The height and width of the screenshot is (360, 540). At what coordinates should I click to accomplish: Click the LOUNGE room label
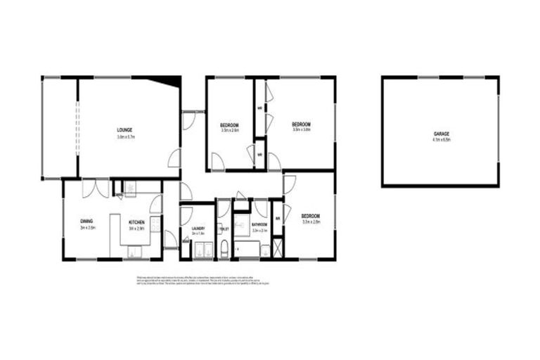point(125,129)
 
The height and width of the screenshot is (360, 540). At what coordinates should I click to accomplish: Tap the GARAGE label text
point(441,134)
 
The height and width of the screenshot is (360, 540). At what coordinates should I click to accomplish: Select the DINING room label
point(87,221)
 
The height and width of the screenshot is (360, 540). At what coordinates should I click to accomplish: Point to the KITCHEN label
point(136,222)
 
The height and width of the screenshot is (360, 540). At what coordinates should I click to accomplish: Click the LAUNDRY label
point(198,229)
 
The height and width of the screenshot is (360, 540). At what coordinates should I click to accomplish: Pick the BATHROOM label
point(260,225)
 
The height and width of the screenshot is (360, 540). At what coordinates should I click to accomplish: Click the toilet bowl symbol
point(224,247)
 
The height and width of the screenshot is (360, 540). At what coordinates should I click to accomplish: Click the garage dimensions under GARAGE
point(441,140)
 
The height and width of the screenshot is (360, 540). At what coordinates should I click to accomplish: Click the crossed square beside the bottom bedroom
point(278,248)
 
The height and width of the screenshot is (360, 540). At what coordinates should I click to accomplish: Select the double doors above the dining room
point(96,188)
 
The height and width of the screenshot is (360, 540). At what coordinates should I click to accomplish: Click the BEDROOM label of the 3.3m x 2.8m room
point(311,215)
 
